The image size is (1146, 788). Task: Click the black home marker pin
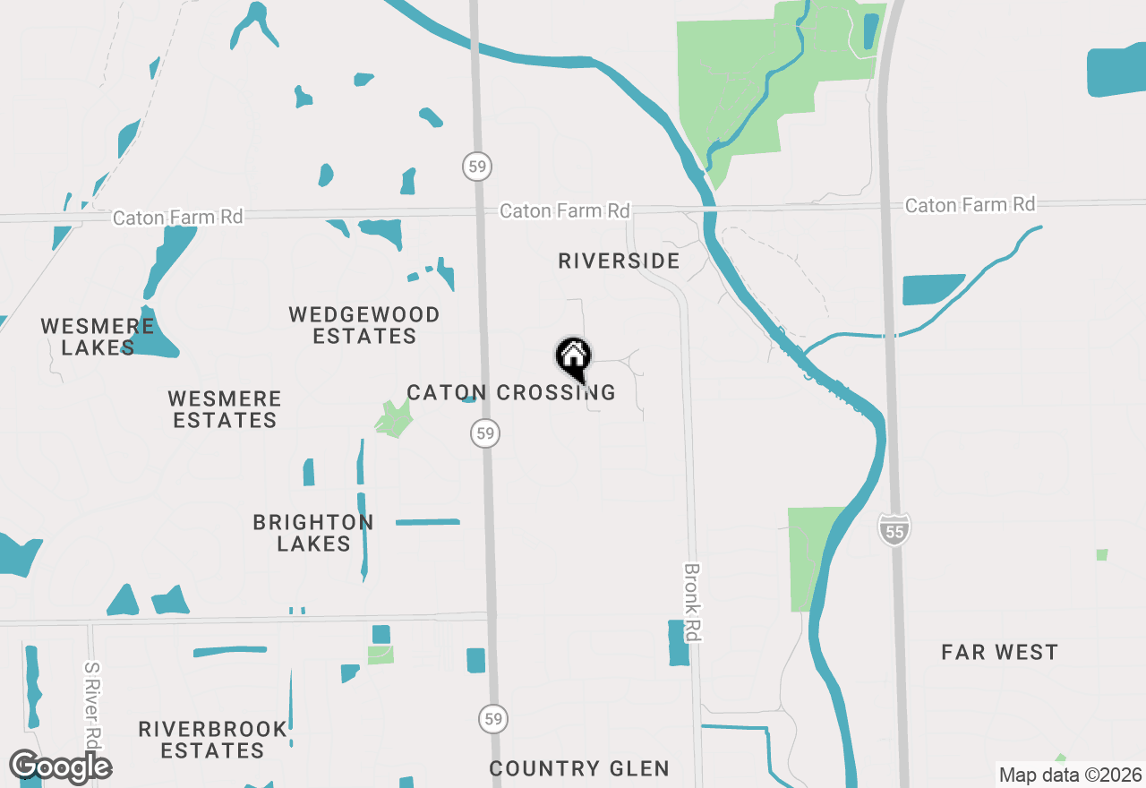pyautogui.click(x=574, y=357)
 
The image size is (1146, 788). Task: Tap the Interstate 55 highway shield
pyautogui.click(x=893, y=529)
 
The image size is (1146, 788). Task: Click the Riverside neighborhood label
pyautogui.click(x=619, y=261)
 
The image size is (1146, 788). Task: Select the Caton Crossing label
pyautogui.click(x=510, y=392)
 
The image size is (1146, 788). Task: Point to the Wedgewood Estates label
pyautogui.click(x=364, y=325)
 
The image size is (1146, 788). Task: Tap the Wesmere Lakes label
pyautogui.click(x=98, y=337)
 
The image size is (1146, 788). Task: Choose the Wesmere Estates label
pyautogui.click(x=225, y=409)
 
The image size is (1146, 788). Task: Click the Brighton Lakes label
pyautogui.click(x=313, y=533)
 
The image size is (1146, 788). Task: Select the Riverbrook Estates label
pyautogui.click(x=213, y=740)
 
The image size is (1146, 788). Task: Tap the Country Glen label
pyautogui.click(x=579, y=768)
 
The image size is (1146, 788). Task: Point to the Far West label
pyautogui.click(x=999, y=652)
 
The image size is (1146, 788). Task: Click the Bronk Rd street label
pyautogui.click(x=691, y=602)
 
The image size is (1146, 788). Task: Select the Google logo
pyautogui.click(x=60, y=767)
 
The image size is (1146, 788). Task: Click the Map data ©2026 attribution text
pyautogui.click(x=1070, y=775)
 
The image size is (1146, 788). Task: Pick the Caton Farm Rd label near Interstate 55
pyautogui.click(x=970, y=205)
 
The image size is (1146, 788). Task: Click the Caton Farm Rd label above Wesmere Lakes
pyautogui.click(x=178, y=217)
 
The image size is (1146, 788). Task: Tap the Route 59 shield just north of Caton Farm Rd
pyautogui.click(x=477, y=166)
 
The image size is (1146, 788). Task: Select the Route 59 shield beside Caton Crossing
pyautogui.click(x=484, y=433)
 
